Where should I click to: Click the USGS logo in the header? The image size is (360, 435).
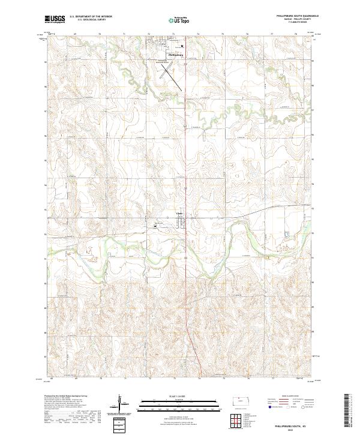coord(55,19)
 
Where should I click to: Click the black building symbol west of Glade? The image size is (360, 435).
coord(156,224)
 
